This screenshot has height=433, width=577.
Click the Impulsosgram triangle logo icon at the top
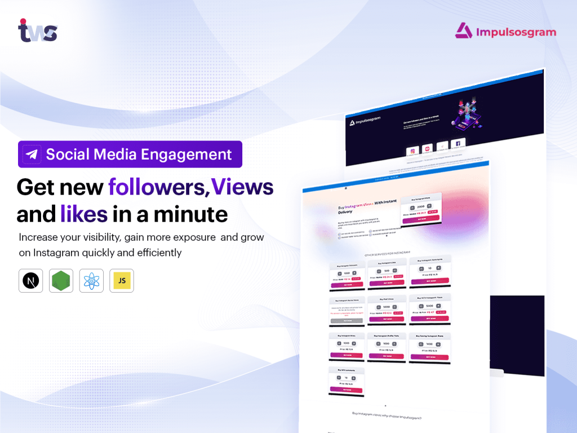click(x=464, y=30)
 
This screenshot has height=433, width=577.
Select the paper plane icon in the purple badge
click(x=32, y=154)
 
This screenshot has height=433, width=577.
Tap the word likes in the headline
click(x=84, y=214)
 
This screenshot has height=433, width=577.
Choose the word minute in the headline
click(x=195, y=214)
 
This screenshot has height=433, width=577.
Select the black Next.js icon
click(x=30, y=281)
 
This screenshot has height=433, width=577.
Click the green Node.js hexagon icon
click(x=61, y=281)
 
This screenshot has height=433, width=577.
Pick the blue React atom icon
click(x=91, y=281)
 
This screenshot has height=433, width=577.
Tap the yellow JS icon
click(x=122, y=281)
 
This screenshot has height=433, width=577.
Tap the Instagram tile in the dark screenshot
click(x=412, y=151)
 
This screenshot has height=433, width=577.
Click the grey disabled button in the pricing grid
click(x=346, y=320)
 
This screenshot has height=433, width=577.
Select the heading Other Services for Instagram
click(x=389, y=254)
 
